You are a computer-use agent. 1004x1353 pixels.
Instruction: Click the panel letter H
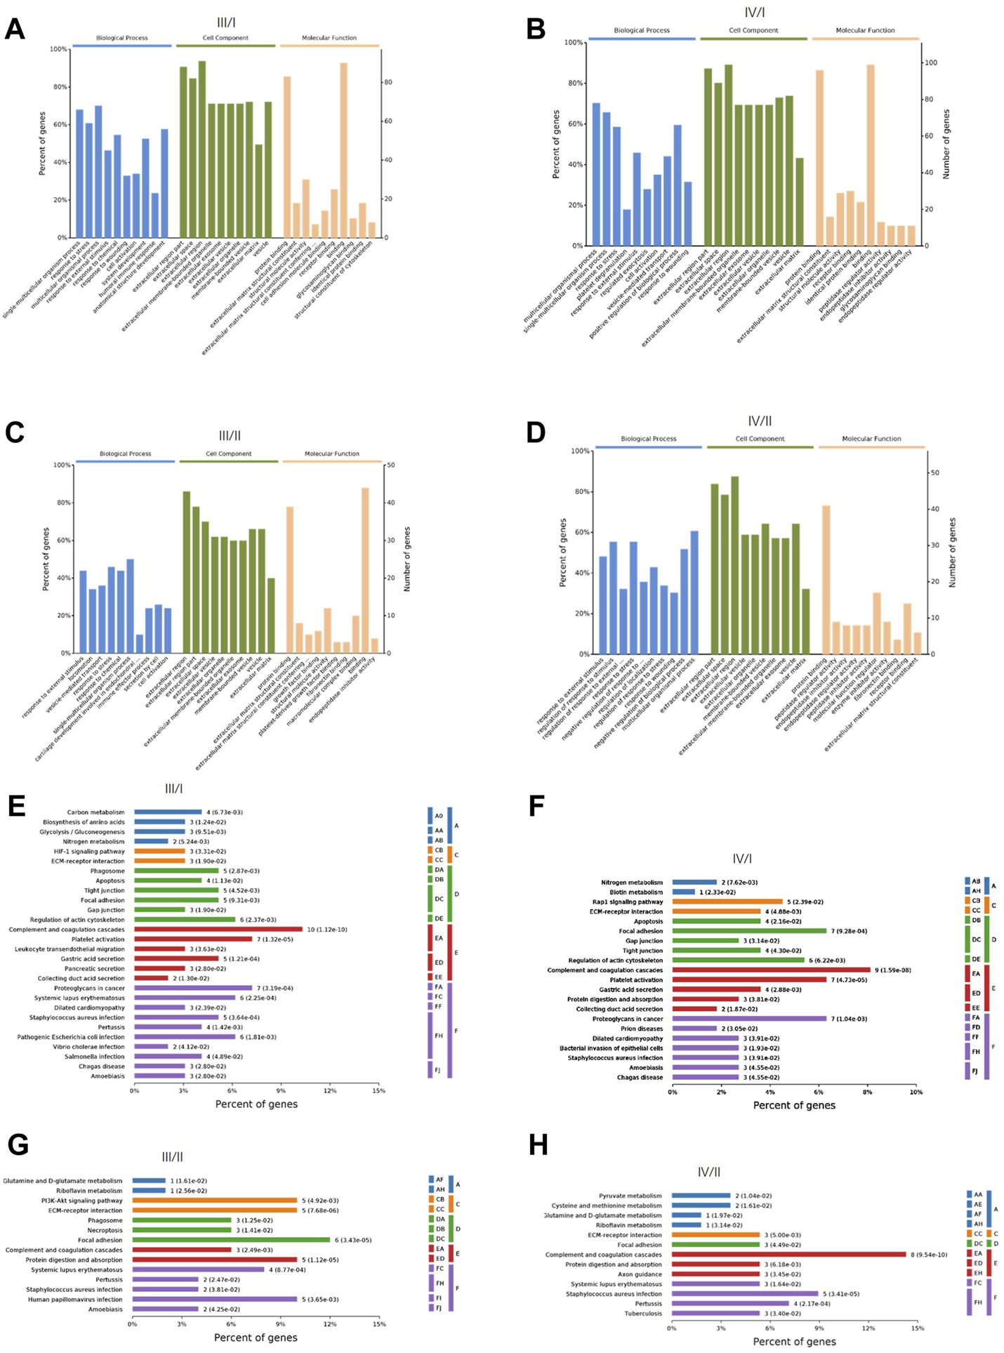[538, 1145]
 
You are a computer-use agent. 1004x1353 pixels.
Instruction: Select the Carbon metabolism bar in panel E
[167, 812]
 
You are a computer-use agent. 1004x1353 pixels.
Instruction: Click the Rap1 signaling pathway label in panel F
[627, 902]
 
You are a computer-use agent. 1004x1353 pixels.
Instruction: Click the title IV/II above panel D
[760, 421]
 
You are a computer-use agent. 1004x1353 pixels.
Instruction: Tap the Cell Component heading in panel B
[753, 31]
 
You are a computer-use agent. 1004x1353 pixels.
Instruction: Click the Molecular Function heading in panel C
[331, 454]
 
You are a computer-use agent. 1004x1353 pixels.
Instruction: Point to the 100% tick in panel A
[59, 49]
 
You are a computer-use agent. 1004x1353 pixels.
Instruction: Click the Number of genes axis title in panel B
[946, 144]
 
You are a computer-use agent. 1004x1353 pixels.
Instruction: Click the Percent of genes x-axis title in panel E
[256, 1104]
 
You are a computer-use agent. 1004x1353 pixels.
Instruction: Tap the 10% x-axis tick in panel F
[916, 1093]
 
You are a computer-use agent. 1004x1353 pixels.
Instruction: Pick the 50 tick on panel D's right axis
[934, 473]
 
